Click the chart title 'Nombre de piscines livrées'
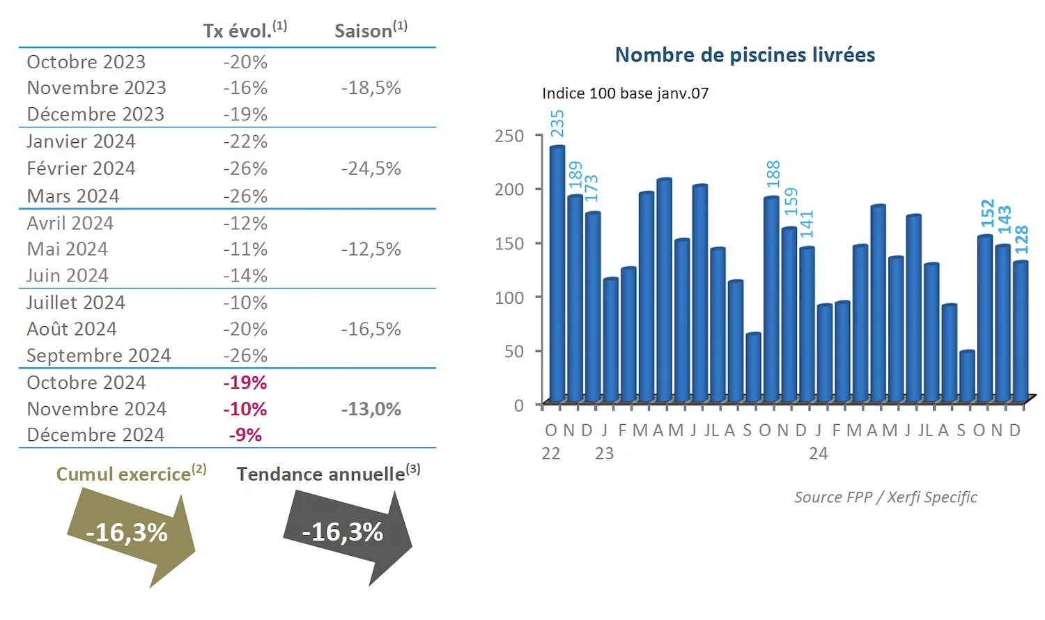[745, 55]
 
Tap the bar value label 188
[773, 174]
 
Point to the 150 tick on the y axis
[509, 244]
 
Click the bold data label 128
[1021, 240]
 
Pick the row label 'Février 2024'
[81, 169]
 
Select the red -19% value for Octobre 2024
[245, 382]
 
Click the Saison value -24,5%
[371, 169]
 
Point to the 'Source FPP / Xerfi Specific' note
[885, 497]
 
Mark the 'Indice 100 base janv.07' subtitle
[625, 93]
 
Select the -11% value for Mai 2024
[245, 249]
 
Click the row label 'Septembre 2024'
[98, 355]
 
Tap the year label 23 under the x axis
[604, 454]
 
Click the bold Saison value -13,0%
[371, 409]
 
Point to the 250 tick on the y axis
[509, 136]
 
